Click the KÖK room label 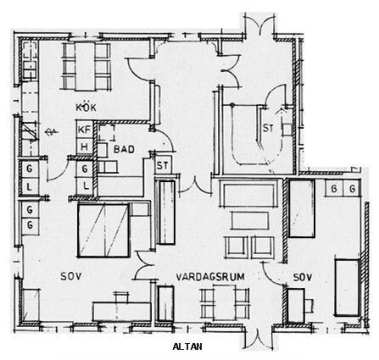[86, 108]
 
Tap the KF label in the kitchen [84, 130]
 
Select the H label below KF [84, 147]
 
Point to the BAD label [124, 149]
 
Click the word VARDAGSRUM [210, 277]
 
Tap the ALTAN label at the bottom [187, 346]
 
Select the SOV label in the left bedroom [71, 276]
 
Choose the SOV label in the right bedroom [303, 277]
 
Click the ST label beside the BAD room [162, 165]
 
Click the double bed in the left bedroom [103, 230]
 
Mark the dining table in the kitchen [85, 66]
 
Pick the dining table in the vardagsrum [225, 302]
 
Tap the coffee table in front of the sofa [250, 220]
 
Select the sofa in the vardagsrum [249, 193]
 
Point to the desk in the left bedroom [122, 311]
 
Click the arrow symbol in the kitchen [52, 131]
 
